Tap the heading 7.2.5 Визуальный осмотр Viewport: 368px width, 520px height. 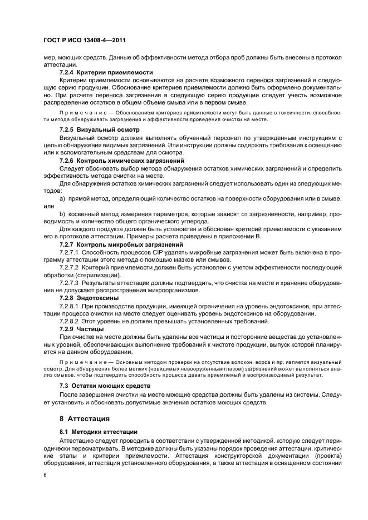tap(99, 129)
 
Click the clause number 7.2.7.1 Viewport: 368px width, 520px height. tap(69, 252)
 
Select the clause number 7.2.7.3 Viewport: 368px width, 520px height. tap(69, 283)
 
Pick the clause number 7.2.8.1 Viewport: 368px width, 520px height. tap(69, 306)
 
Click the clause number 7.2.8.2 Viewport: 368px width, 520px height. tap(69, 322)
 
